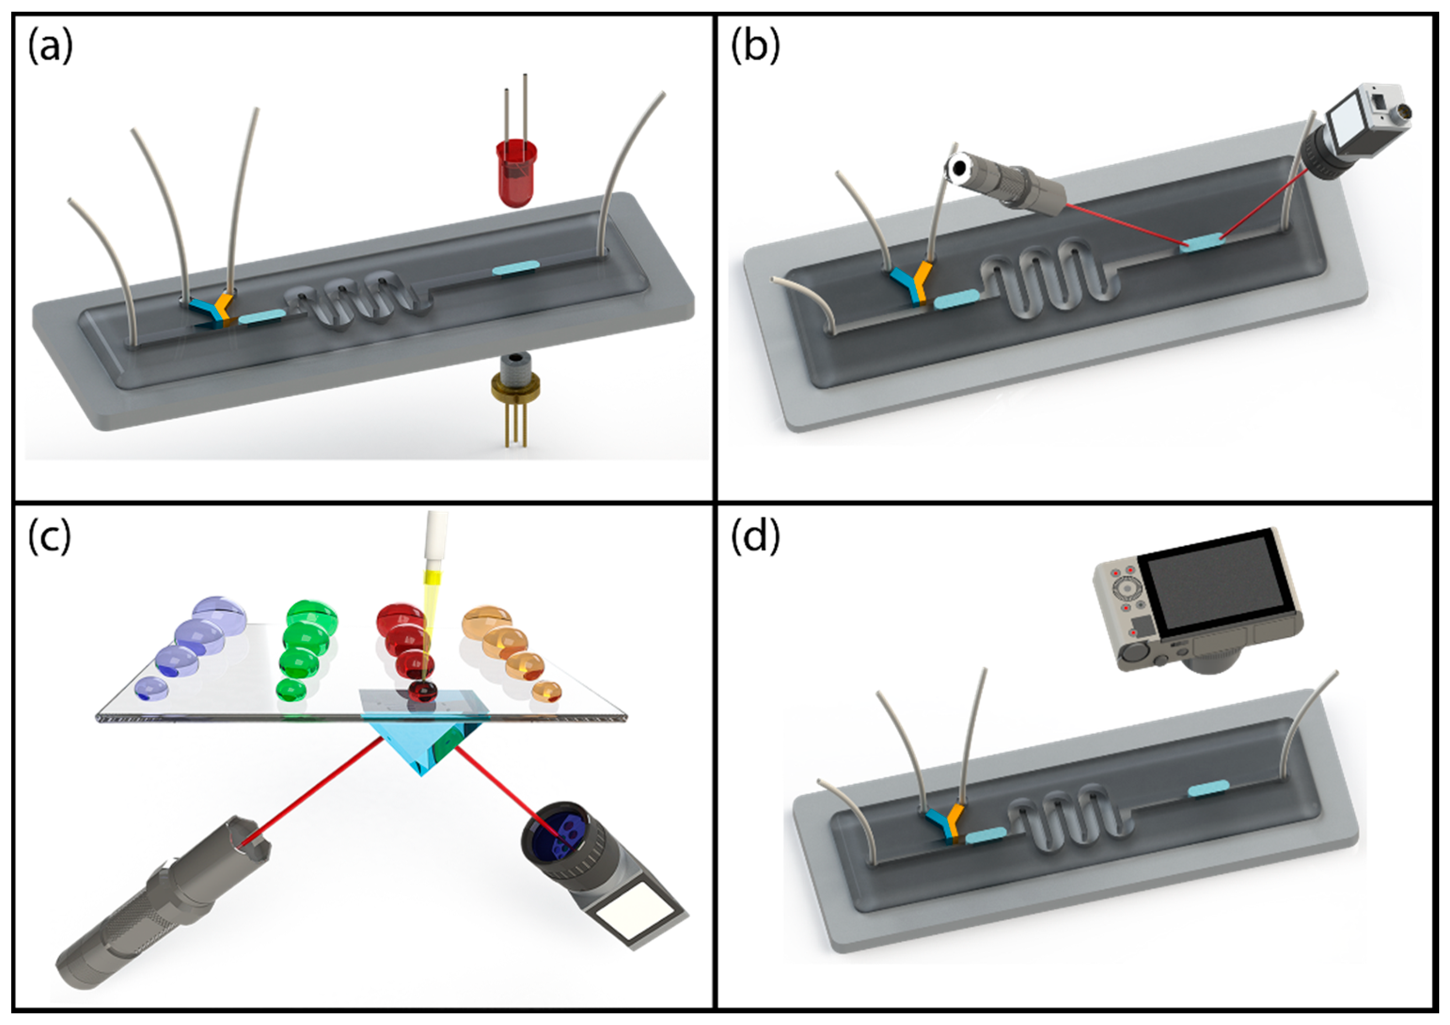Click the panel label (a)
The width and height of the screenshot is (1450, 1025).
tap(50, 47)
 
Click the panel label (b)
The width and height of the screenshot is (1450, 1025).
tap(755, 47)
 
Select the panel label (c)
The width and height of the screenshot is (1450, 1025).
tap(49, 538)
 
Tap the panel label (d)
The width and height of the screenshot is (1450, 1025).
tap(755, 538)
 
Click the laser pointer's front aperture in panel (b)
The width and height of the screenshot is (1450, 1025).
tap(961, 167)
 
